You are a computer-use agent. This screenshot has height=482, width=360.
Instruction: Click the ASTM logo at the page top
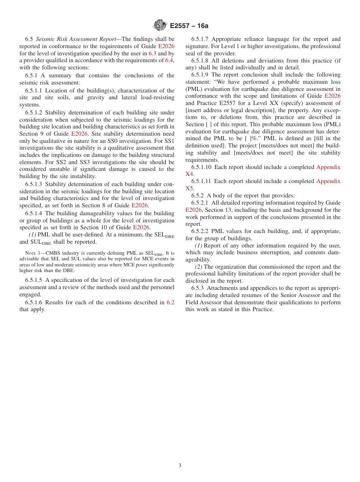click(160, 25)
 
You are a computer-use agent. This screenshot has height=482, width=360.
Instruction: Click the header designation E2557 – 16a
click(189, 26)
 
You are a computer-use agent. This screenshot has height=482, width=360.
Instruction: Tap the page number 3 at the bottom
click(180, 466)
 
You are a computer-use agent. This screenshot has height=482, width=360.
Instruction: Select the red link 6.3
click(152, 53)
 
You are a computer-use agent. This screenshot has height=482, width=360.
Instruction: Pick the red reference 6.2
click(171, 302)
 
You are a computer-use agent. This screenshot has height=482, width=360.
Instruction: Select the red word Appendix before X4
click(328, 167)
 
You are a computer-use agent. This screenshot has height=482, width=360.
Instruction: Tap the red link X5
click(189, 188)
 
